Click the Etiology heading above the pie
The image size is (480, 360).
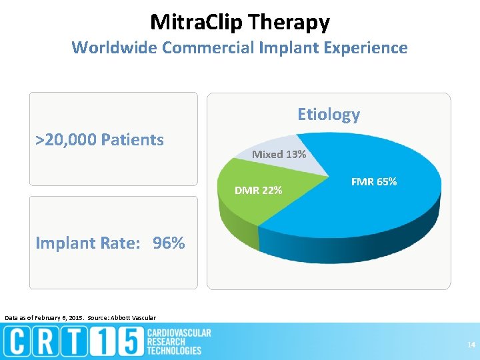(328, 114)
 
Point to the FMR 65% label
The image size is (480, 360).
(374, 181)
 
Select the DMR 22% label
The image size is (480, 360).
(258, 191)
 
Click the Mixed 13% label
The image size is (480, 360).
(279, 154)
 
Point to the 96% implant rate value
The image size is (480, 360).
(169, 243)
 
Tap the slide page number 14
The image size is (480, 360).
(471, 344)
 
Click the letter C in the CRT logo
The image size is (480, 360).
(18, 342)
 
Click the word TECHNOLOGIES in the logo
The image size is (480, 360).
(174, 350)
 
